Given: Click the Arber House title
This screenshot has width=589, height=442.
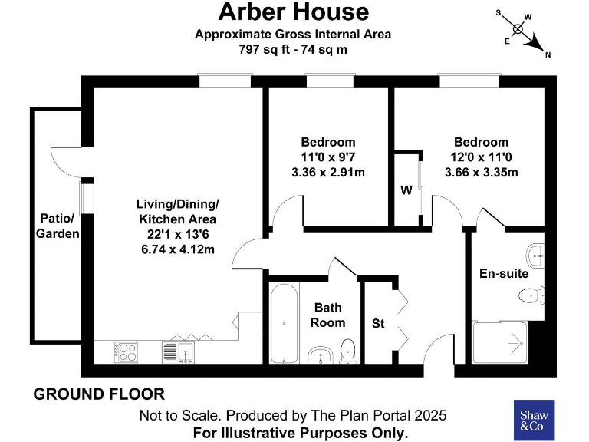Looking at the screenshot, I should click(x=294, y=12).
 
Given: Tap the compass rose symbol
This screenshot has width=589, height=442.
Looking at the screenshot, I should click(x=518, y=30).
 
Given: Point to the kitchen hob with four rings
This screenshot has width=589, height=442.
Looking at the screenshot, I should click(x=127, y=352).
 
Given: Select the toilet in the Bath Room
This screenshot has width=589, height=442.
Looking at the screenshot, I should click(x=349, y=351).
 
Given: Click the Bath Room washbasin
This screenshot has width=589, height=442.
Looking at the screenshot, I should click(x=321, y=355).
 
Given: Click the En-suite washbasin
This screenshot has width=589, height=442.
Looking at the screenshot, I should click(x=535, y=252).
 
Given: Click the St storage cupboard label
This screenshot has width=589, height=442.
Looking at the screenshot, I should click(x=378, y=324).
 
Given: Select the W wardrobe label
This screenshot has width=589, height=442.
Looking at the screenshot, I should click(x=405, y=190).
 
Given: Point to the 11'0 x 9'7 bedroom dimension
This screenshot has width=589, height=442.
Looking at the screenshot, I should click(x=328, y=157).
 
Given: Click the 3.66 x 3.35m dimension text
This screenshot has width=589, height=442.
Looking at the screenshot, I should click(x=481, y=172).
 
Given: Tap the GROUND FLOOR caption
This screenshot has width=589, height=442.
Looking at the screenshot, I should click(x=99, y=394).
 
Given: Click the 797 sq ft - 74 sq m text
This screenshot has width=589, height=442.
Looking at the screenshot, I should click(x=294, y=49).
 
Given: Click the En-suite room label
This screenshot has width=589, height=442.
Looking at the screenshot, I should click(x=504, y=273).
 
